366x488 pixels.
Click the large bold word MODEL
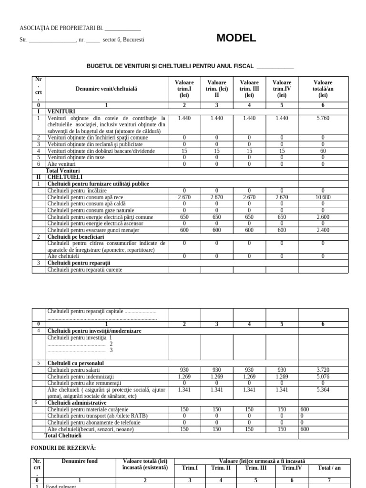point(236,39)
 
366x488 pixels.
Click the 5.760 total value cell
point(323,118)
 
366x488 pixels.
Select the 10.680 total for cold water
point(323,197)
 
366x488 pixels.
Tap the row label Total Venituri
point(62,170)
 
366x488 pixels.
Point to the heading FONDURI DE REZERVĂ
point(63,447)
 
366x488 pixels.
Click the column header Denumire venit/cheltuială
point(106,89)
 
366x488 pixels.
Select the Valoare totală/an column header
point(323,89)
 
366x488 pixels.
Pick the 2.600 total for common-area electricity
point(323,217)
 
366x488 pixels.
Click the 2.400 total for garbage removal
point(323,230)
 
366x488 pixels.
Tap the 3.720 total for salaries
point(323,370)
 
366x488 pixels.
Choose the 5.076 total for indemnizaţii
point(323,376)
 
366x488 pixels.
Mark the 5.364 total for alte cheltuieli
point(323,389)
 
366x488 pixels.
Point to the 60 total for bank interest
point(323,151)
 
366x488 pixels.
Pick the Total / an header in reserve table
point(329,468)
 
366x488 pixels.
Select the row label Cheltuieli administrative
point(76,403)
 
